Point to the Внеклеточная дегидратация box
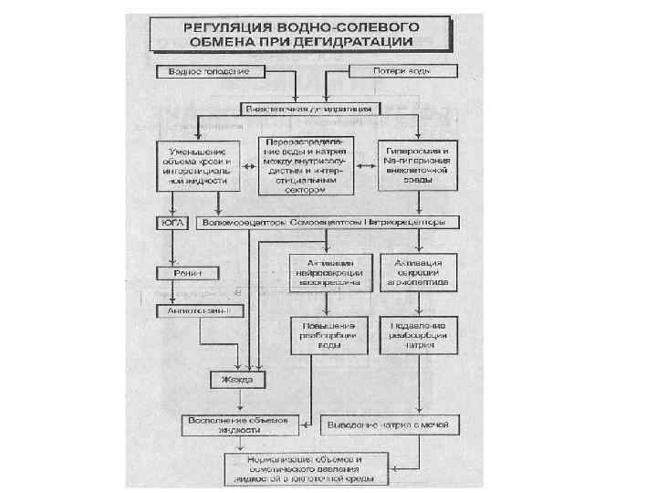point(311,109)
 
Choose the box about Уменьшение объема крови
point(198,164)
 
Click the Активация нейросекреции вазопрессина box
point(329,272)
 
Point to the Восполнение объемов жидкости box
point(238,425)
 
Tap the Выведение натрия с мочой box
point(391,425)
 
